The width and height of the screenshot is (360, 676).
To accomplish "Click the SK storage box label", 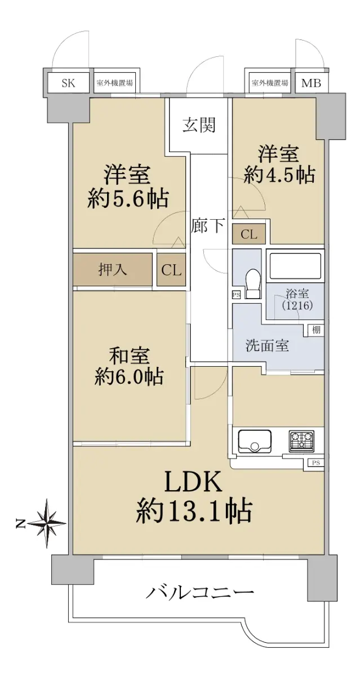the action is (x=68, y=82).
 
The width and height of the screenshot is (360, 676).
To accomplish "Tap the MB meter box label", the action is (x=311, y=83).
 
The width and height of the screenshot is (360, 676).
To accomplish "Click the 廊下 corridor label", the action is (x=208, y=225).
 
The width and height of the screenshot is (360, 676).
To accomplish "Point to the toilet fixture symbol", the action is (x=252, y=283).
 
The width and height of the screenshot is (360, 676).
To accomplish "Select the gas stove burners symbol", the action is (x=301, y=441).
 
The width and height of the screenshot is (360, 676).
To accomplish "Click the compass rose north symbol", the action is (x=47, y=523).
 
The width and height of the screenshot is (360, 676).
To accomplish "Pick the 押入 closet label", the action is (x=113, y=269).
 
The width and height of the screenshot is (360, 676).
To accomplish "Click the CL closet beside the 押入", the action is (x=171, y=269).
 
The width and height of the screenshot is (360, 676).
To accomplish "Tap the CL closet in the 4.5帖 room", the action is (x=249, y=234).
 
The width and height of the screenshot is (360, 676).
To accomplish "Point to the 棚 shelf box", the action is (x=316, y=330).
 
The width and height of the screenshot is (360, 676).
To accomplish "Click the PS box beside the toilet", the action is (x=236, y=295).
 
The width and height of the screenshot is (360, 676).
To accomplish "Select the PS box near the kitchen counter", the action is (x=316, y=462).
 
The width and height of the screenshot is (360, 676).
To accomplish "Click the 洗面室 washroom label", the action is (x=268, y=345).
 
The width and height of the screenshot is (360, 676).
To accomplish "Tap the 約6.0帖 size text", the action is (x=129, y=376).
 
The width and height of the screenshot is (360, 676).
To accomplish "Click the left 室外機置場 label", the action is (x=115, y=82).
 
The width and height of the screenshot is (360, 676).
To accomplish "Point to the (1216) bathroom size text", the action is (x=297, y=306).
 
